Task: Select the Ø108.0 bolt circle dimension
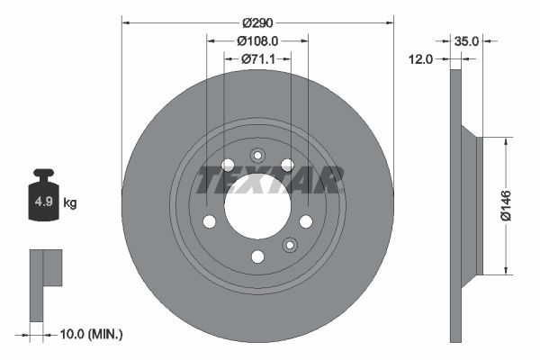pyautogui.click(x=257, y=40)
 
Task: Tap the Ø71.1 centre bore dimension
pyautogui.click(x=257, y=59)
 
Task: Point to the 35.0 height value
pyautogui.click(x=466, y=40)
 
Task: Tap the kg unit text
pyautogui.click(x=70, y=203)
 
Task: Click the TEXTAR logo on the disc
pyautogui.click(x=270, y=180)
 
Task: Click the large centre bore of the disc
pyautogui.click(x=257, y=206)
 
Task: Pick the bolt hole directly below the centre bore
pyautogui.click(x=257, y=256)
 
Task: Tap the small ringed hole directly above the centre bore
pyautogui.click(x=257, y=154)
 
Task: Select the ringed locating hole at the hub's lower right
pyautogui.click(x=290, y=244)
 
